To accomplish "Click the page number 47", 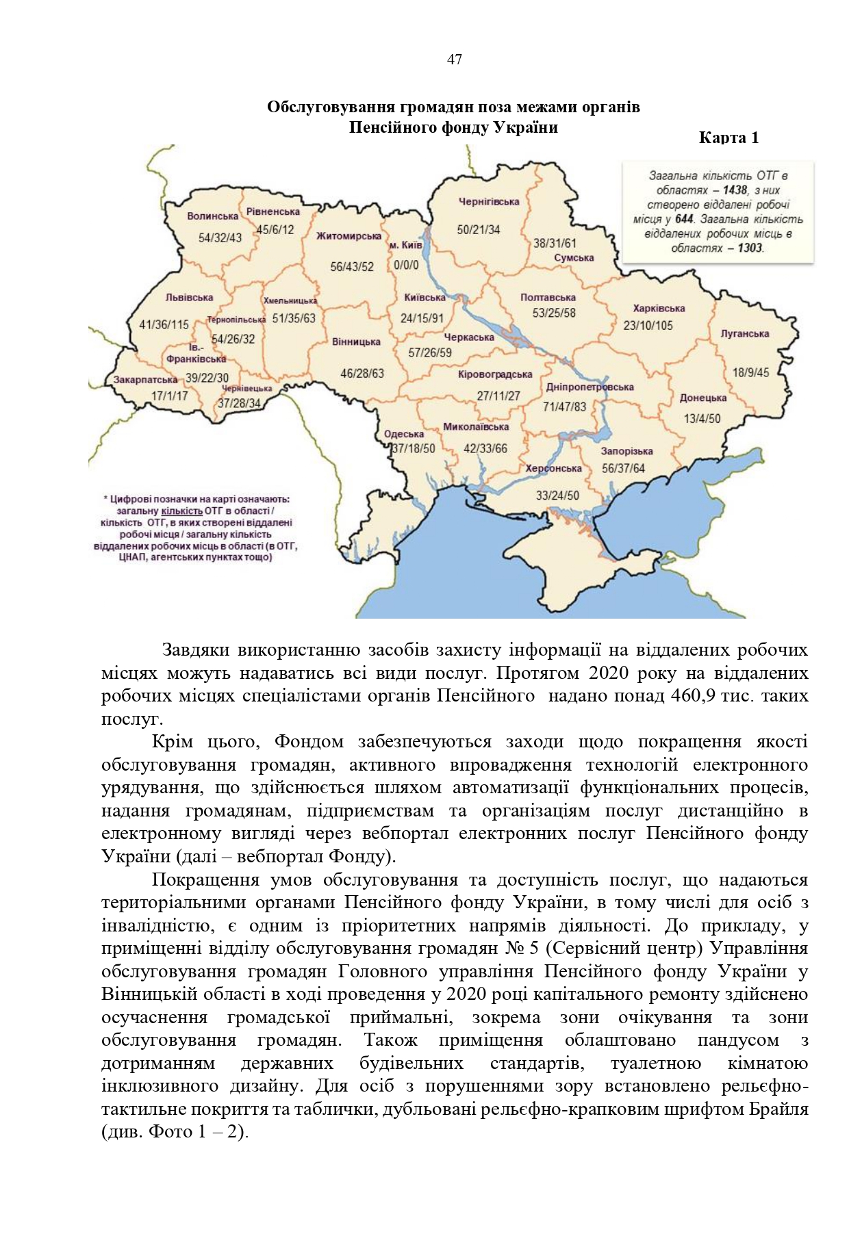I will coord(454,60).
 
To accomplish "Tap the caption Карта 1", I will coord(728,138).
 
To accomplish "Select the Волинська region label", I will coord(212,216).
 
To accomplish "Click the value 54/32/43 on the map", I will coord(220,238).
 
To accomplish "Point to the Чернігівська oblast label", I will coord(488,202).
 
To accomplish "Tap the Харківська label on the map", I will coord(659,309).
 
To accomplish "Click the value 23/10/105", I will coord(648,326).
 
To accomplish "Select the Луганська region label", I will coord(744,334).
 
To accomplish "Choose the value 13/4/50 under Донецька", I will coord(702,419).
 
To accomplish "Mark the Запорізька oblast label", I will coord(626,452).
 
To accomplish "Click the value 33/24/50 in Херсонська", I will coord(557,495).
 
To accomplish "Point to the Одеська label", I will coord(404,434).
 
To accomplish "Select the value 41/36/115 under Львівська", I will coord(164,325).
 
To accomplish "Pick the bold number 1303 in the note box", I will coord(750,248).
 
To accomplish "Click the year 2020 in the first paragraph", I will coord(609,673).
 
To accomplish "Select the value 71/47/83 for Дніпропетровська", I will coord(564,407).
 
